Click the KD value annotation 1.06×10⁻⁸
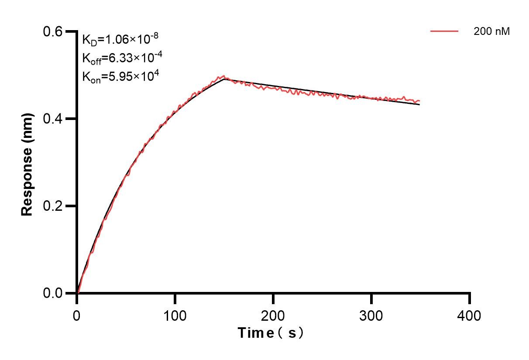pyautogui.click(x=120, y=40)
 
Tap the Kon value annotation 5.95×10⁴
pyautogui.click(x=120, y=77)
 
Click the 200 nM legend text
pyautogui.click(x=492, y=31)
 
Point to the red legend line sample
pyautogui.click(x=444, y=31)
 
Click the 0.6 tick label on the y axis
pyautogui.click(x=53, y=32)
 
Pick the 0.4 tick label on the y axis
pyautogui.click(x=53, y=119)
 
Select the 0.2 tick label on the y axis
pyautogui.click(x=53, y=206)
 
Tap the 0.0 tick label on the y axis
pyautogui.click(x=53, y=293)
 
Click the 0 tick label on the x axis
pyautogui.click(x=77, y=315)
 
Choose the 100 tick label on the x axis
pyautogui.click(x=175, y=315)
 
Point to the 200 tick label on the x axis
pyautogui.click(x=273, y=315)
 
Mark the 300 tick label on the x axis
pyautogui.click(x=371, y=315)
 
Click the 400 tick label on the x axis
pyautogui.click(x=470, y=315)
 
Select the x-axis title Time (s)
pyautogui.click(x=271, y=333)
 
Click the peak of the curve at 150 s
pyautogui.click(x=224, y=78)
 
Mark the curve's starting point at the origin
pyautogui.click(x=77, y=293)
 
